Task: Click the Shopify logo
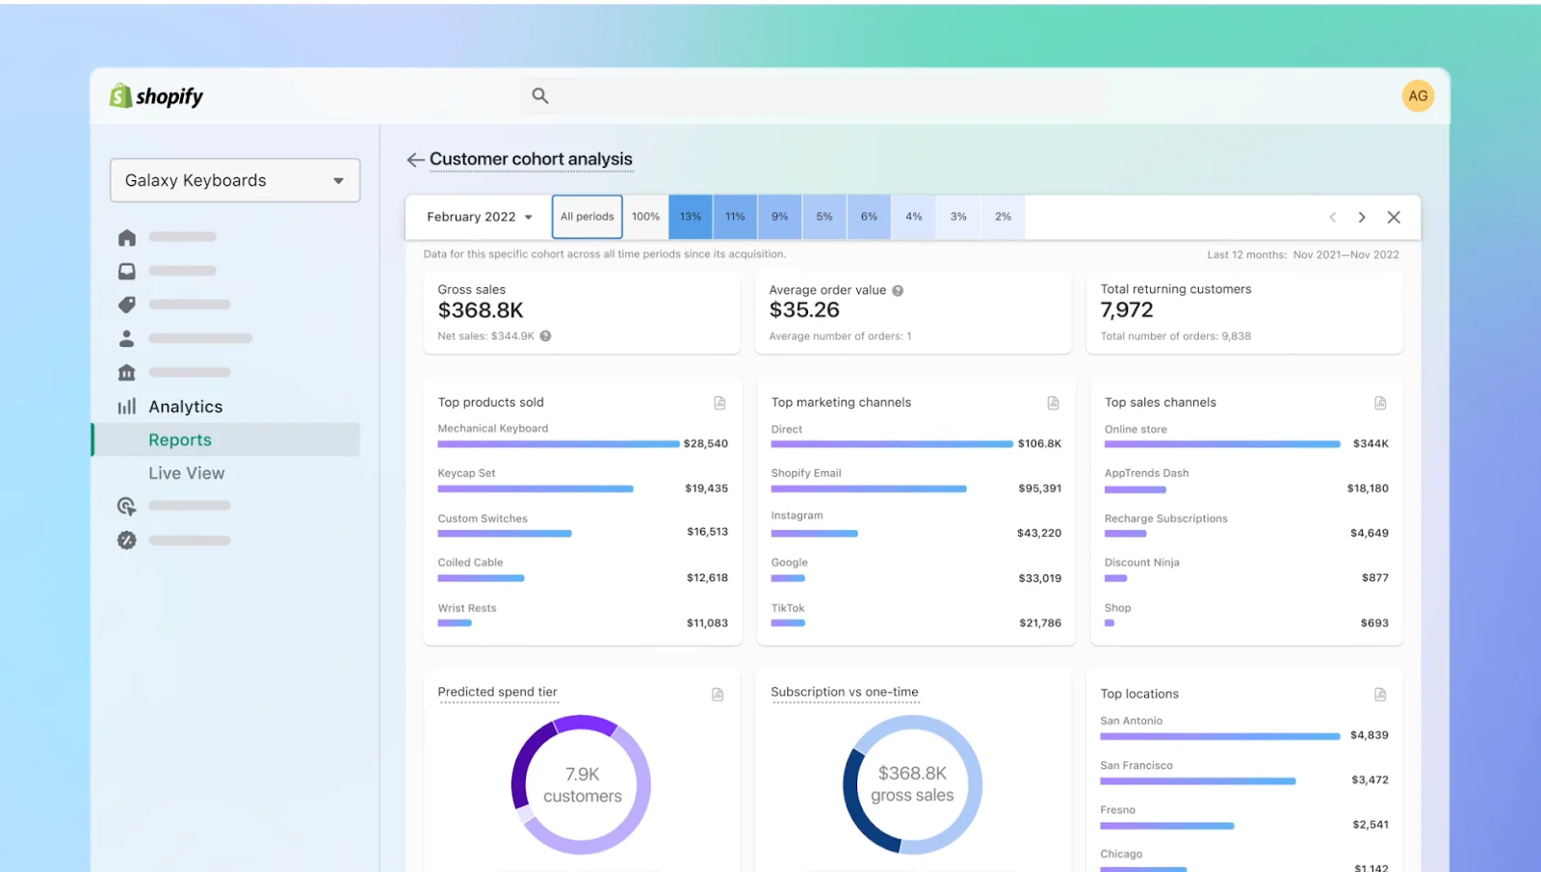(156, 96)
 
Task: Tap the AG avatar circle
(1418, 95)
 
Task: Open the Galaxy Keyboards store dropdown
(235, 180)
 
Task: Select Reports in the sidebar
(180, 439)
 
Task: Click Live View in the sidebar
(186, 473)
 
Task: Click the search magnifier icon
(540, 95)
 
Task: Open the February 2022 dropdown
(480, 217)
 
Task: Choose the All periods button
(587, 217)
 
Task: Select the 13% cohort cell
(691, 217)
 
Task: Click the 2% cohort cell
(1003, 217)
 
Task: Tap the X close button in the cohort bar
(1393, 217)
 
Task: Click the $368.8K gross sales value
(481, 310)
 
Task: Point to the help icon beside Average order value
(898, 290)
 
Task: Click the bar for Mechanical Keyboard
(559, 444)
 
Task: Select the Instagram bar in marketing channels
(814, 533)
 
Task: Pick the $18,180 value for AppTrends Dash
(1367, 489)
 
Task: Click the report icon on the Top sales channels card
(1380, 403)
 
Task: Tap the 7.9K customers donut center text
(582, 784)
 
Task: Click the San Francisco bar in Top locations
(1197, 780)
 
